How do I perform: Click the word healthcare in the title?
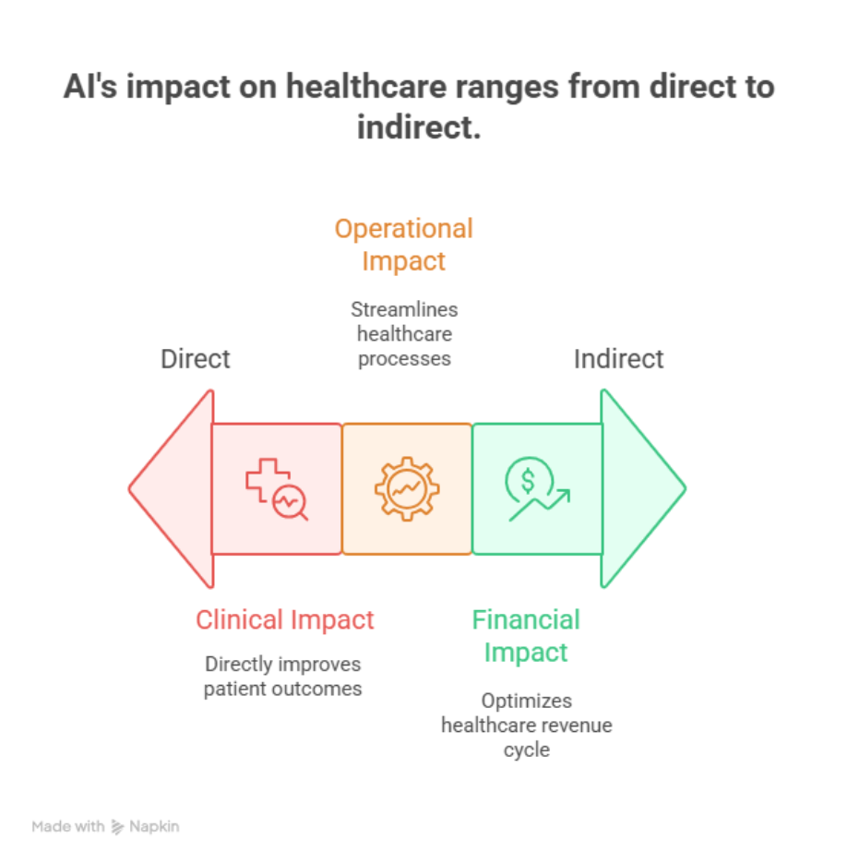[x=366, y=87]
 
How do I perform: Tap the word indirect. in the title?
[x=419, y=127]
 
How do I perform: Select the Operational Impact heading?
[x=404, y=245]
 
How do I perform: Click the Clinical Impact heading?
[x=285, y=620]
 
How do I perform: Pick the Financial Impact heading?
[x=526, y=636]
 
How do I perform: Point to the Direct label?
[x=196, y=359]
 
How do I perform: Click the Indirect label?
[x=618, y=359]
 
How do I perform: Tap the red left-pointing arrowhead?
[x=172, y=489]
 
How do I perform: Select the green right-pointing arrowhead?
[x=643, y=488]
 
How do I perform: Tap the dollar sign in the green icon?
[x=528, y=481]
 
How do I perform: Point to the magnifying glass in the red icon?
[x=291, y=502]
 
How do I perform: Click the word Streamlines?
[x=404, y=309]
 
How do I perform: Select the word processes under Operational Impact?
[x=404, y=359]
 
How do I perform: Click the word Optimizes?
[x=527, y=701]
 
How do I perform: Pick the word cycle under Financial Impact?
[x=527, y=750]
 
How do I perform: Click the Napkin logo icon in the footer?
[x=117, y=826]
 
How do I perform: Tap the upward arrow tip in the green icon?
[x=569, y=490]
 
